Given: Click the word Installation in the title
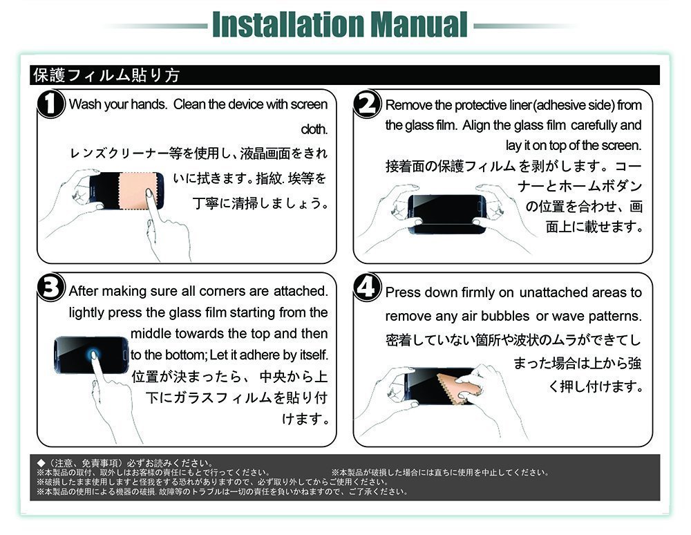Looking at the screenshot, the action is click(289, 24).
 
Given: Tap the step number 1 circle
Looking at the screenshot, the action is click(51, 104).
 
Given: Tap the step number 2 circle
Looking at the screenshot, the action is click(368, 104).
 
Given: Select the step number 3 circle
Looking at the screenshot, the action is click(51, 287).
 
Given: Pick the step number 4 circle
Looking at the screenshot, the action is click(368, 287).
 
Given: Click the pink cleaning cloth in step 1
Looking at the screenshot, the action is click(138, 190).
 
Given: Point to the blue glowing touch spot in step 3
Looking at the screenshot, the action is click(93, 354).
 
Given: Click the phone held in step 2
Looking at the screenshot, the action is click(447, 214).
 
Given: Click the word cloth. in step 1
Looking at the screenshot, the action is click(314, 129).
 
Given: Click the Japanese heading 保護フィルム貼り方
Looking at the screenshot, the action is click(106, 75).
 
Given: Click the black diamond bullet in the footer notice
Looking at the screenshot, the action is click(41, 462).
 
